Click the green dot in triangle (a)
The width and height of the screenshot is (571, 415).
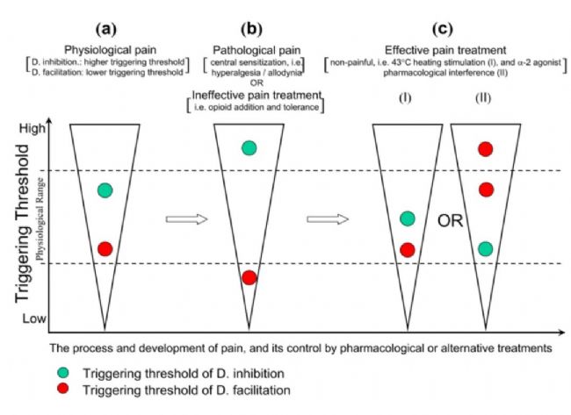click(x=105, y=190)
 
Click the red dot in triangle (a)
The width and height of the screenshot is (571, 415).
click(x=105, y=249)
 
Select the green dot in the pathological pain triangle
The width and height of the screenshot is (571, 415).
click(x=249, y=148)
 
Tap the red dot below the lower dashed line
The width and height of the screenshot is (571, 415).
click(x=249, y=278)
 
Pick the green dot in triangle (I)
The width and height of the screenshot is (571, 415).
click(x=408, y=218)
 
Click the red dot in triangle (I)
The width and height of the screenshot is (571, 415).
click(x=408, y=250)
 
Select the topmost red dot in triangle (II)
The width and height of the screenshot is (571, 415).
click(x=486, y=149)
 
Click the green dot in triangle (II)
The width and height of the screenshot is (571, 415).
click(x=486, y=249)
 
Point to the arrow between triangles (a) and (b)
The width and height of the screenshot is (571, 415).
click(x=186, y=219)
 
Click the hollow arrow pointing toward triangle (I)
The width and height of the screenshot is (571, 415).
click(x=328, y=219)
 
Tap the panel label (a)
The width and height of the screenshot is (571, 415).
click(x=106, y=29)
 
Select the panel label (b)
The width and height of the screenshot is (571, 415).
click(x=251, y=29)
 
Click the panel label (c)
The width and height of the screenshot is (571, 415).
click(x=443, y=29)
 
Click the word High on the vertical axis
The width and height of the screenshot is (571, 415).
click(x=33, y=128)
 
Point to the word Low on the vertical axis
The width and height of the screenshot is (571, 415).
click(x=34, y=318)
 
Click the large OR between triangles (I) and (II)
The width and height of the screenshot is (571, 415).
click(x=450, y=221)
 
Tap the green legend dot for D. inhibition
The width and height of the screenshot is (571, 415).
click(x=63, y=372)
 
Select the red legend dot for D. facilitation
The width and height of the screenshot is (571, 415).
click(x=63, y=389)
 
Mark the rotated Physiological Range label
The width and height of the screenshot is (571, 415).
click(x=40, y=219)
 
